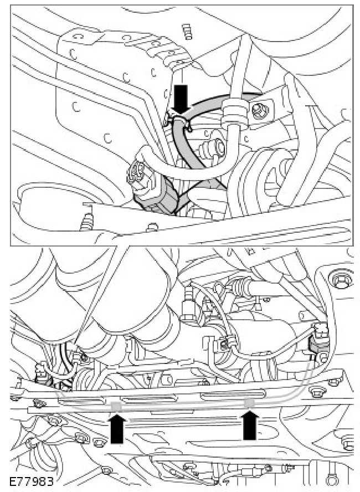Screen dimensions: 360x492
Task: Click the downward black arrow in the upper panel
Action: [x=181, y=99]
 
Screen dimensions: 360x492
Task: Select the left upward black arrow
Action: [x=117, y=428]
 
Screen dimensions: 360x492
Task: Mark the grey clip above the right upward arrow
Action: [x=250, y=403]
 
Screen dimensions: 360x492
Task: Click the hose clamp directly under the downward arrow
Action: [x=179, y=121]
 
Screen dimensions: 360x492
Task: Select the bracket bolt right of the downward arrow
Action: [x=260, y=111]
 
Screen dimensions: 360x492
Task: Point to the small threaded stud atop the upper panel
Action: [x=187, y=32]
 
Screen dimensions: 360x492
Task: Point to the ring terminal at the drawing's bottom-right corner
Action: [x=330, y=480]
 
